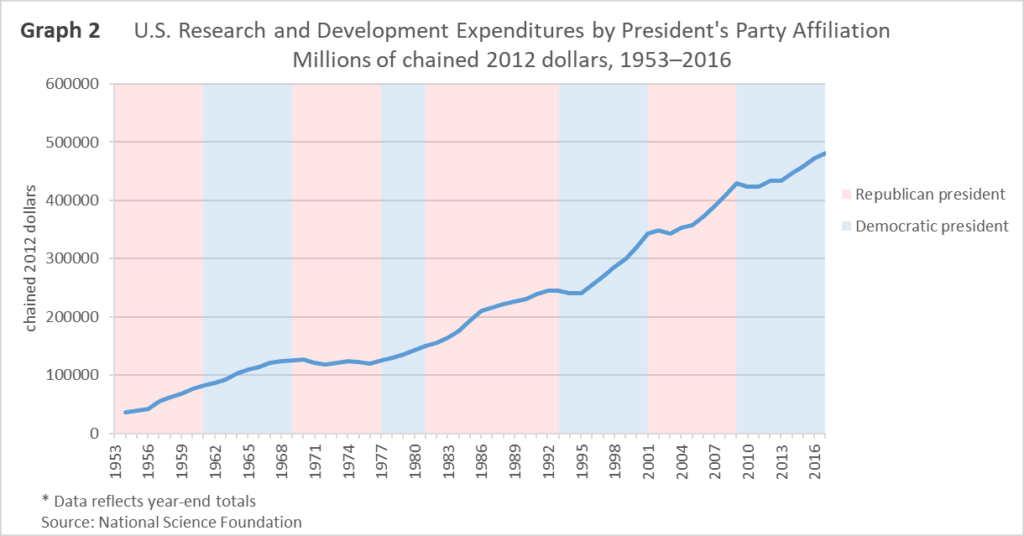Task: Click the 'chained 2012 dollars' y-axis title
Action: click(x=32, y=259)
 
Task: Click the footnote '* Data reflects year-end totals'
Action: click(x=149, y=501)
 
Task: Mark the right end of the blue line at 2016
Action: click(x=825, y=153)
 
